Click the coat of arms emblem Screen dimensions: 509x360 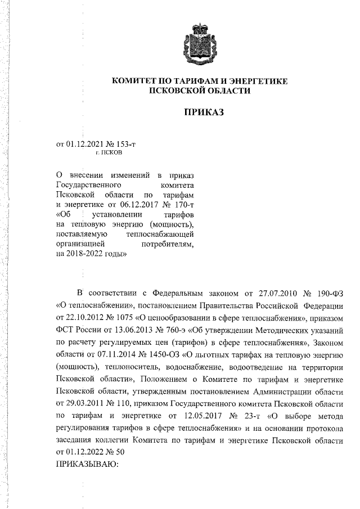tap(200, 43)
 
